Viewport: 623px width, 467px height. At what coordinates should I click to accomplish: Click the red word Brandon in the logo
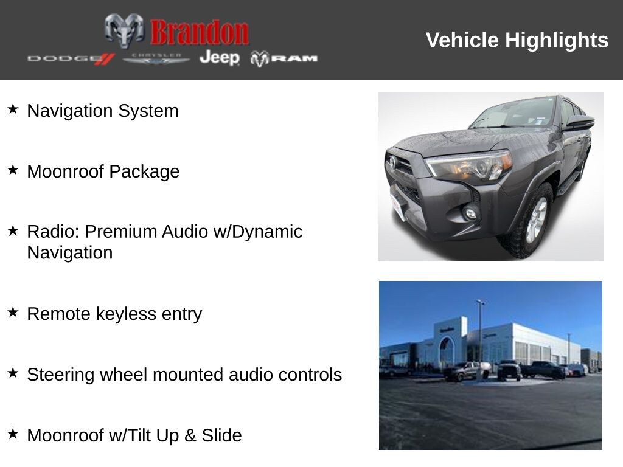[199, 32]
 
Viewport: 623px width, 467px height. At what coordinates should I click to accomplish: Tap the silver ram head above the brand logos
[124, 30]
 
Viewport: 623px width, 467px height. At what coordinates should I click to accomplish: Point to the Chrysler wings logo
[156, 58]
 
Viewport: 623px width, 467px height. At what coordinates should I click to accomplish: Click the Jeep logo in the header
[220, 57]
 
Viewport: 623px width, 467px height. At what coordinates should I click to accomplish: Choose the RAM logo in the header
[284, 58]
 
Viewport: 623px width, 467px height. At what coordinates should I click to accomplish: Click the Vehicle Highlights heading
[517, 40]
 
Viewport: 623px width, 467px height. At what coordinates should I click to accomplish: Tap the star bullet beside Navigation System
[13, 109]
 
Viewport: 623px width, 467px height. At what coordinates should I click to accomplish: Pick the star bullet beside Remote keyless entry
[13, 313]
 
